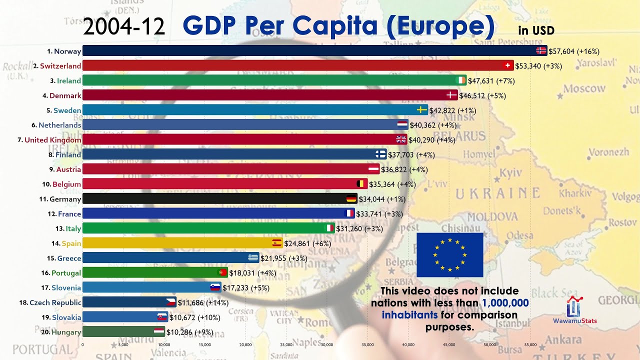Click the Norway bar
310,50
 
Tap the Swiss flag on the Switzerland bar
508,65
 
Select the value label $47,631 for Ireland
491,80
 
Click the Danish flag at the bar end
451,95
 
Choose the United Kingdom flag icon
401,139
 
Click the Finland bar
230,154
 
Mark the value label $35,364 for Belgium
392,184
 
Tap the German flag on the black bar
351,199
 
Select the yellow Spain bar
177,243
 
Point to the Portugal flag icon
223,272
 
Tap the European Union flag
449,254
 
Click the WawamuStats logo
574,310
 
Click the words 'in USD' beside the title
536,30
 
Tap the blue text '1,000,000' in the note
505,302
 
